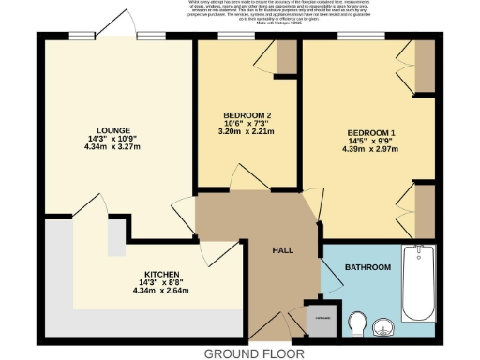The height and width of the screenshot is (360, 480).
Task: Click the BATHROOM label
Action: pos(367,268)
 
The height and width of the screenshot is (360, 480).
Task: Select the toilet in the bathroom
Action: pos(357,324)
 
